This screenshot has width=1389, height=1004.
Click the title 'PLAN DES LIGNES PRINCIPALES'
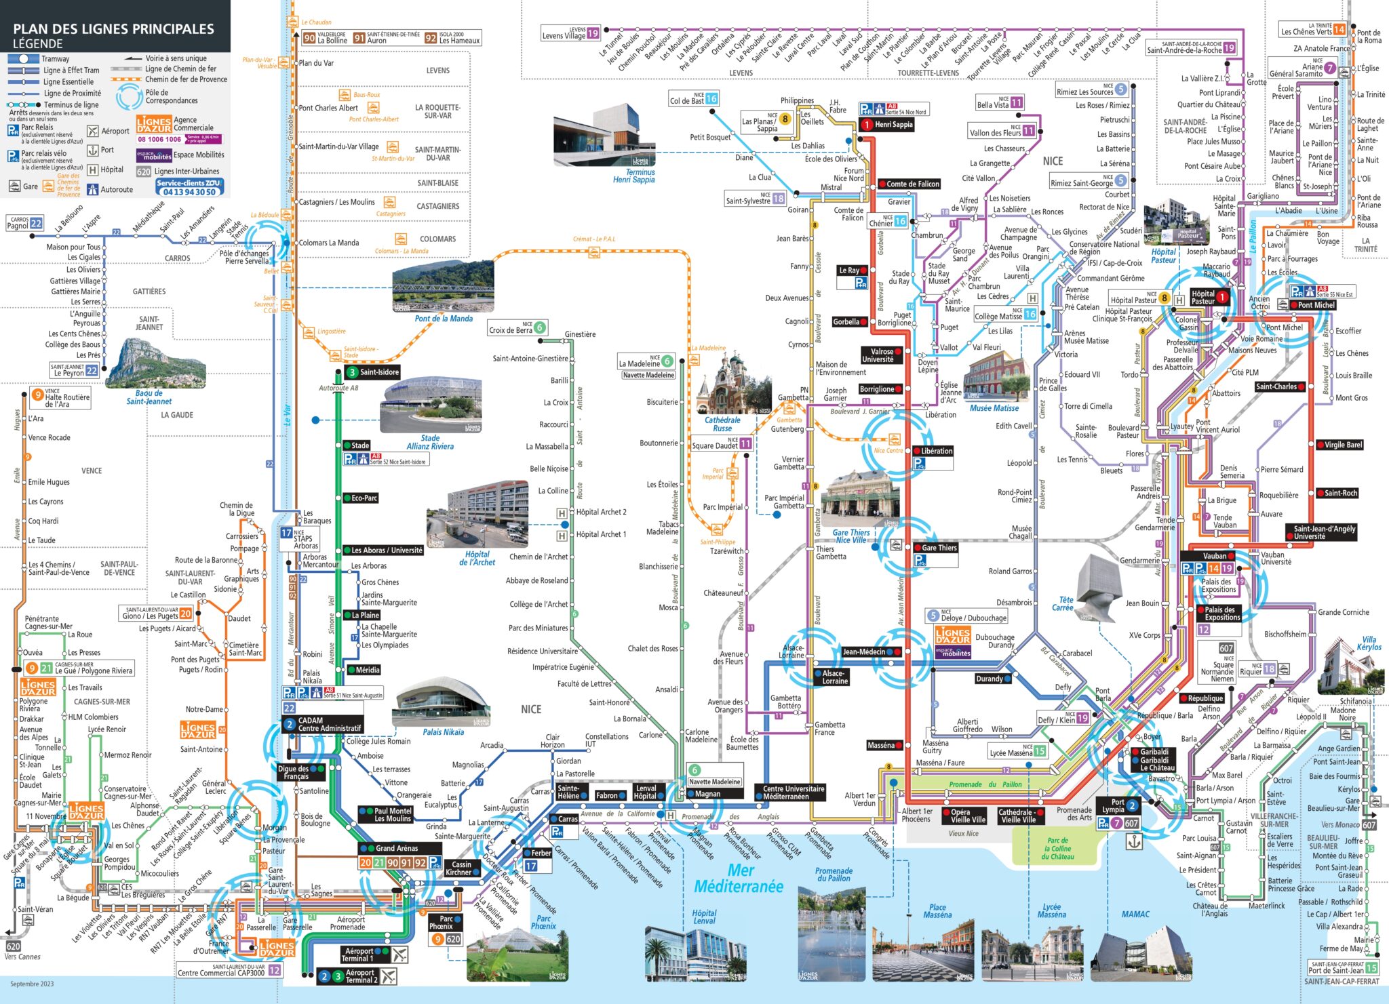[x=113, y=28]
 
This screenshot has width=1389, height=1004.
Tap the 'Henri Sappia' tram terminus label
[x=893, y=125]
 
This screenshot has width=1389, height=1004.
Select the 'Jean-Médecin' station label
[x=863, y=652]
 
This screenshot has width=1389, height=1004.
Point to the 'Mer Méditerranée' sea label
[x=738, y=879]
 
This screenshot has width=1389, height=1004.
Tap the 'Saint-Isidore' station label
[x=378, y=372]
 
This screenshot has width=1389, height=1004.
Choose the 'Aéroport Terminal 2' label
[x=360, y=976]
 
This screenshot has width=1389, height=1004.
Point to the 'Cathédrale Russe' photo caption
[x=722, y=424]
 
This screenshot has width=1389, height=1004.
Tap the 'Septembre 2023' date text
[x=32, y=984]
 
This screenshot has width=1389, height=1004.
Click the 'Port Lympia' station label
[x=1113, y=806]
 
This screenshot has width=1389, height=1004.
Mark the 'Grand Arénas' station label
[x=397, y=848]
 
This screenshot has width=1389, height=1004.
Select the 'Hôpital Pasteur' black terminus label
[x=1203, y=297]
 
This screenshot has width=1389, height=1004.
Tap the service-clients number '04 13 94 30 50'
[x=189, y=192]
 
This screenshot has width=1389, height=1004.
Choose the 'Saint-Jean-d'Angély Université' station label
[x=1324, y=532]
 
